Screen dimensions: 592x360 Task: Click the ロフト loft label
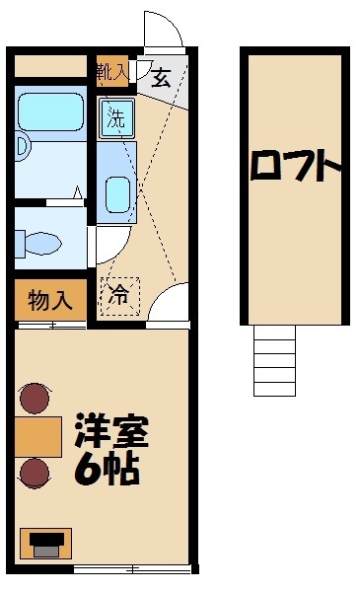[x=294, y=165]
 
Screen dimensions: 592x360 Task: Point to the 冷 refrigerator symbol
[x=119, y=294]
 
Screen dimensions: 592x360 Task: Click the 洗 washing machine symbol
[x=116, y=119]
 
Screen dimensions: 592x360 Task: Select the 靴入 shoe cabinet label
[x=111, y=71]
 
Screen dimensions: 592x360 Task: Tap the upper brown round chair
[x=35, y=399]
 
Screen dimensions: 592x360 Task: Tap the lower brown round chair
[x=36, y=473]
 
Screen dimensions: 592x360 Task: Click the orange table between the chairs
[x=37, y=435]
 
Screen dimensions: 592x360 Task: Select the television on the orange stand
[x=46, y=542]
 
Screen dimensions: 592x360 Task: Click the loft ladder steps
[x=274, y=359]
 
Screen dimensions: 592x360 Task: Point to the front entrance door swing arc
[x=164, y=30]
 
